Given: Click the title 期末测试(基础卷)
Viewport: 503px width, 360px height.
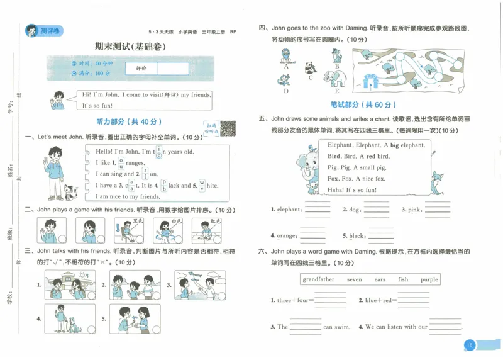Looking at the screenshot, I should click(x=130, y=47).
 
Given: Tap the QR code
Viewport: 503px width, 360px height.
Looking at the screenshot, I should click(x=227, y=128).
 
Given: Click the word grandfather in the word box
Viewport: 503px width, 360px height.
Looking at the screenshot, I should click(x=318, y=279).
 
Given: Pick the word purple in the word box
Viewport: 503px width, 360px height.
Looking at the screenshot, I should click(x=429, y=279).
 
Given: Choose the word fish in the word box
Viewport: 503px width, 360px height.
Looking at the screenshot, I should click(x=403, y=279).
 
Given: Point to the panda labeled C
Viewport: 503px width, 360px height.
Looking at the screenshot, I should click(x=310, y=67).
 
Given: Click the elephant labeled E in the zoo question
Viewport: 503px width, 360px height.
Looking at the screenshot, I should click(x=336, y=79).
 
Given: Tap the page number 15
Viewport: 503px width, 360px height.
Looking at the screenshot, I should click(x=470, y=344).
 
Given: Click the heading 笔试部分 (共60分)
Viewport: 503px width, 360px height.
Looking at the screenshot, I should click(x=364, y=104).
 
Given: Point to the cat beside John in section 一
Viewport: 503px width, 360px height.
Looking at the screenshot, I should click(x=71, y=192).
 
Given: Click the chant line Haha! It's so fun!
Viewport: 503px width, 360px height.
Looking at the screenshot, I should click(x=353, y=189).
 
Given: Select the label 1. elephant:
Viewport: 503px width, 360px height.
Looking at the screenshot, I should click(x=286, y=210).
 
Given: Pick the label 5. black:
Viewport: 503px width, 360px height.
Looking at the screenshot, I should click(x=354, y=236).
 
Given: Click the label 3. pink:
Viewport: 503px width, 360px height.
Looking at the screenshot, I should click(x=412, y=210).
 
